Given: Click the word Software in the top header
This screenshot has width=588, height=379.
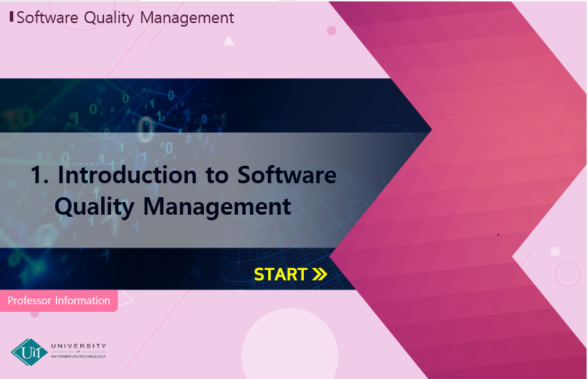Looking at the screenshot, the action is tap(47, 17).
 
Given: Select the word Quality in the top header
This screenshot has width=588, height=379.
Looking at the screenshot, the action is tap(109, 18).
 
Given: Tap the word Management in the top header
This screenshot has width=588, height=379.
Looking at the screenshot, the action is tap(187, 18).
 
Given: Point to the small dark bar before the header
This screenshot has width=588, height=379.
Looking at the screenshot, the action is tap(12, 17).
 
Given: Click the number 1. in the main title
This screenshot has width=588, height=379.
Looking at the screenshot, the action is tap(39, 175).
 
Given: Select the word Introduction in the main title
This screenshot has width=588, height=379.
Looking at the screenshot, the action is tap(127, 175).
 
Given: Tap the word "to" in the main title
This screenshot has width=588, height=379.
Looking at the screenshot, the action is tap(217, 176).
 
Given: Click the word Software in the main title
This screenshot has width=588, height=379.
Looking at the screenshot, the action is tap(287, 175).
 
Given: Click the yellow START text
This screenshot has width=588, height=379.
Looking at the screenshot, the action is tap(281, 275).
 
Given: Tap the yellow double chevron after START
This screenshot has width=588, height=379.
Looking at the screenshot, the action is tap(320, 275).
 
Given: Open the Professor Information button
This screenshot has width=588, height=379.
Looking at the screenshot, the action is tap(59, 301).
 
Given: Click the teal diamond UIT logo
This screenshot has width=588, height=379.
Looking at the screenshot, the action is tap(29, 352).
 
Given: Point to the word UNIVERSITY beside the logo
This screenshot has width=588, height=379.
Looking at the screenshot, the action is tap(79, 345).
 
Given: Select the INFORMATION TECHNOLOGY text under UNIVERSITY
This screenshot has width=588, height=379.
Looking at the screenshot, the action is tap(78, 357).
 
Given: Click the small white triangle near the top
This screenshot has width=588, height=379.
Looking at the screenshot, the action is tap(229, 41).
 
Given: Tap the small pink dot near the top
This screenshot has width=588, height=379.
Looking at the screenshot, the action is tap(332, 31).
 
